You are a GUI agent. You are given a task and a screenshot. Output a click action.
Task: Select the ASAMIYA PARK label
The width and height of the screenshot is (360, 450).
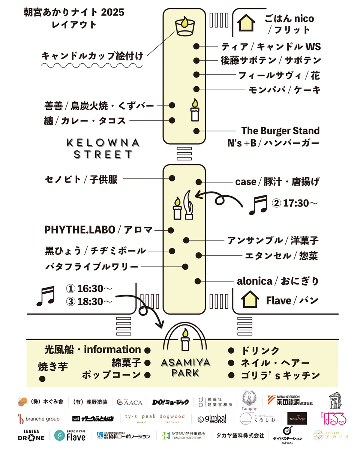pos(185,367)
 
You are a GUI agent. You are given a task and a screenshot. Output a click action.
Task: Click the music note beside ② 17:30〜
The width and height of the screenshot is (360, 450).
pos(258,205)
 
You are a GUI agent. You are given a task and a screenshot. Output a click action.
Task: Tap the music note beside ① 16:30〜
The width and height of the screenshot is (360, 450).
pos(45,295)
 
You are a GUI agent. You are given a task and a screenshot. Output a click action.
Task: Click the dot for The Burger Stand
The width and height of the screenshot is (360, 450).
pos(196,131)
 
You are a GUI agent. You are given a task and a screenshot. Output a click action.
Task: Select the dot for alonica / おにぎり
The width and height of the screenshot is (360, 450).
pos(197,281)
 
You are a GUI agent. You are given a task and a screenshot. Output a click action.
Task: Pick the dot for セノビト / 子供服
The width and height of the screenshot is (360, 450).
pos(172,178)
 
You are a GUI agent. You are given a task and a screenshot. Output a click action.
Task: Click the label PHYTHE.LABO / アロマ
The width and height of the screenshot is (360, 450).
pos(99,230)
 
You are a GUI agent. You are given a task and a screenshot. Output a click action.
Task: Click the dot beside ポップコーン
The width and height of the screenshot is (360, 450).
pos(147,375)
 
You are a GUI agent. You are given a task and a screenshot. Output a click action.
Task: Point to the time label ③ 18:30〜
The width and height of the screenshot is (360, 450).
pos(89,301)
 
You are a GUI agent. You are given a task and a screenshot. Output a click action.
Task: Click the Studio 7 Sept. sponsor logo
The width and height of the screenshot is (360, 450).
pos(297,418)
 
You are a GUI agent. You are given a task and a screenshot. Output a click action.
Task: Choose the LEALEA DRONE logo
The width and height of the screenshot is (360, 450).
pos(31,435)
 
